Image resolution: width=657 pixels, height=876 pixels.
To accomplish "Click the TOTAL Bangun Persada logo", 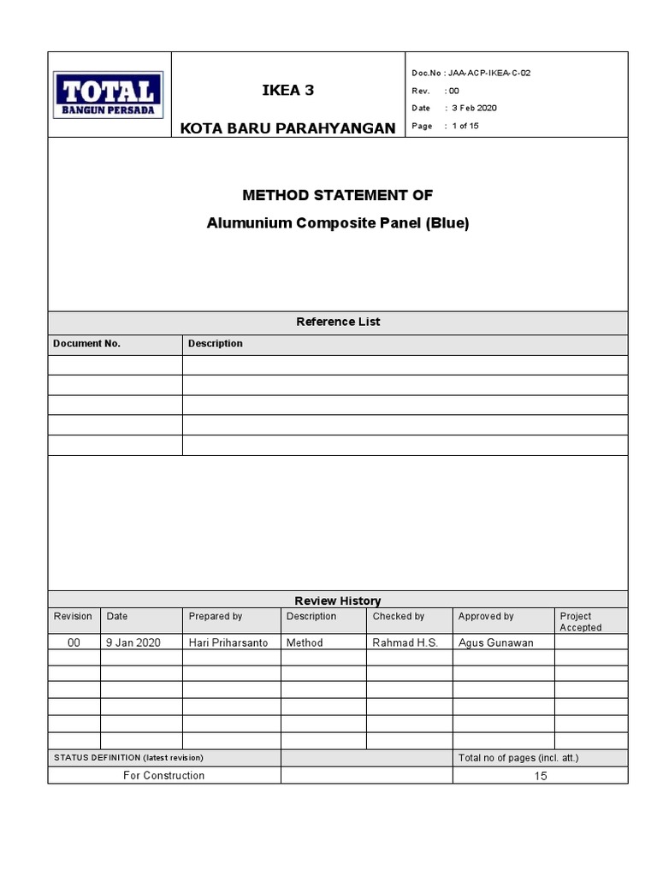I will pyautogui.click(x=109, y=94).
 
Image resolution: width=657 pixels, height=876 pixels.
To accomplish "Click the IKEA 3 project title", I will pyautogui.click(x=287, y=91).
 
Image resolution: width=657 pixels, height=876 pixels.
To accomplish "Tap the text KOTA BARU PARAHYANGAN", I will pyautogui.click(x=287, y=128).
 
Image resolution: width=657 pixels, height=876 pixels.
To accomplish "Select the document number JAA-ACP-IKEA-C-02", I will pyautogui.click(x=488, y=73).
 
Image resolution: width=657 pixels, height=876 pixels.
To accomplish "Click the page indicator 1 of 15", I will pyautogui.click(x=465, y=126).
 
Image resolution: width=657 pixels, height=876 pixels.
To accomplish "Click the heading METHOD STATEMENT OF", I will pyautogui.click(x=337, y=195).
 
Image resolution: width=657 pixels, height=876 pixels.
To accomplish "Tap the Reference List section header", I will pyautogui.click(x=337, y=322).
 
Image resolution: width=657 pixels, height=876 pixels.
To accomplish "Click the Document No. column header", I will pyautogui.click(x=86, y=343).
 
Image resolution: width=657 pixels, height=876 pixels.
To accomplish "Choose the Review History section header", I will pyautogui.click(x=337, y=601).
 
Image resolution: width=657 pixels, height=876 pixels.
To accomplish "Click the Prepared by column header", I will pyautogui.click(x=215, y=616).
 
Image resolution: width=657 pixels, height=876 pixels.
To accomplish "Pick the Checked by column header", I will pyautogui.click(x=398, y=616).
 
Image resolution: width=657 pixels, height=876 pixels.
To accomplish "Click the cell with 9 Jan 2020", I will pyautogui.click(x=133, y=642).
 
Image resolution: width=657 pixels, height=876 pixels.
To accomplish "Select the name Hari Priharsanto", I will pyautogui.click(x=228, y=642).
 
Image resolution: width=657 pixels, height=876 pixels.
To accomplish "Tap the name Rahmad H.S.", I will pyautogui.click(x=405, y=642).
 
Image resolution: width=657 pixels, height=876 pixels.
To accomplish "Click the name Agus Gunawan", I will pyautogui.click(x=495, y=642).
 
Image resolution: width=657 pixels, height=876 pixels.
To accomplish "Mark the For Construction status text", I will pyautogui.click(x=163, y=775).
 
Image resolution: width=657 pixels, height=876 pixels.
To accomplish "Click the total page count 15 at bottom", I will pyautogui.click(x=540, y=776).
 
